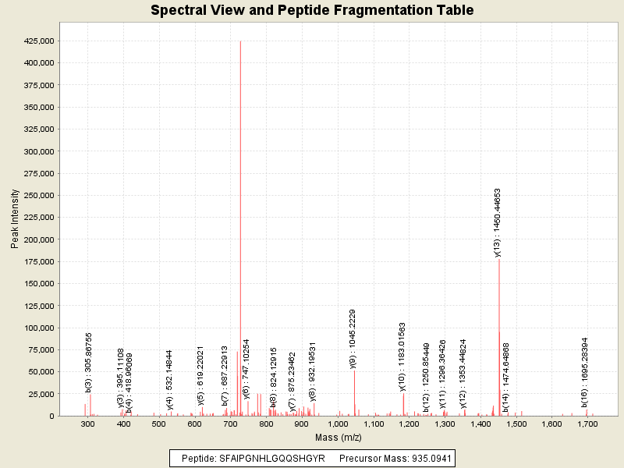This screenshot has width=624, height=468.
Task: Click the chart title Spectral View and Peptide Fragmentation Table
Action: (x=312, y=11)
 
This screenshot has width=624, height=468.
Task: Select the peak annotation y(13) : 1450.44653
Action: (x=497, y=222)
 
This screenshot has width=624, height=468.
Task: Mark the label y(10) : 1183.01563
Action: (x=402, y=356)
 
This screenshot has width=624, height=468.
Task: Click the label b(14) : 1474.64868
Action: (x=505, y=377)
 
